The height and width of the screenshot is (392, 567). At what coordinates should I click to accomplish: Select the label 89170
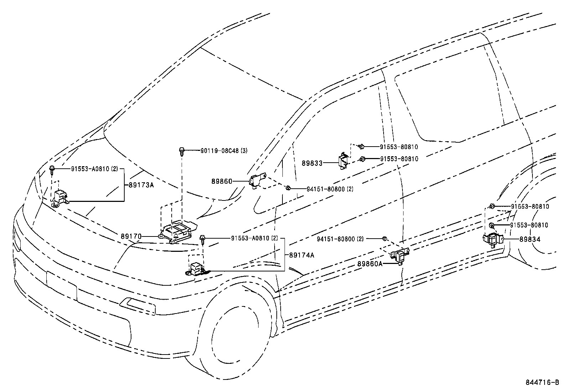pos(131,236)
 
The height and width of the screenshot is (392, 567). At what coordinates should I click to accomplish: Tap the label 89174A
pos(302,255)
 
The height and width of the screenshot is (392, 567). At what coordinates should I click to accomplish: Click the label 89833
pos(312,163)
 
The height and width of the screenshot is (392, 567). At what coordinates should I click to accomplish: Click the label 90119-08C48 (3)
pos(224,151)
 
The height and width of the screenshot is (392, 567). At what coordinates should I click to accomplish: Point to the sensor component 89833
pos(343,161)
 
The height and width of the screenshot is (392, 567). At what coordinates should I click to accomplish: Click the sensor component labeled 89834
pos(492,239)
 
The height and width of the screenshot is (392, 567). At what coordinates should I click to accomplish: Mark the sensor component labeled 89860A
pos(400,256)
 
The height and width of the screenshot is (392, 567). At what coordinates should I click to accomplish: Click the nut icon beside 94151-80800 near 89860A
pos(384,238)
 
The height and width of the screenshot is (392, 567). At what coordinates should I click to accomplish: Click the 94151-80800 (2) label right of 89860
pos(330,189)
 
